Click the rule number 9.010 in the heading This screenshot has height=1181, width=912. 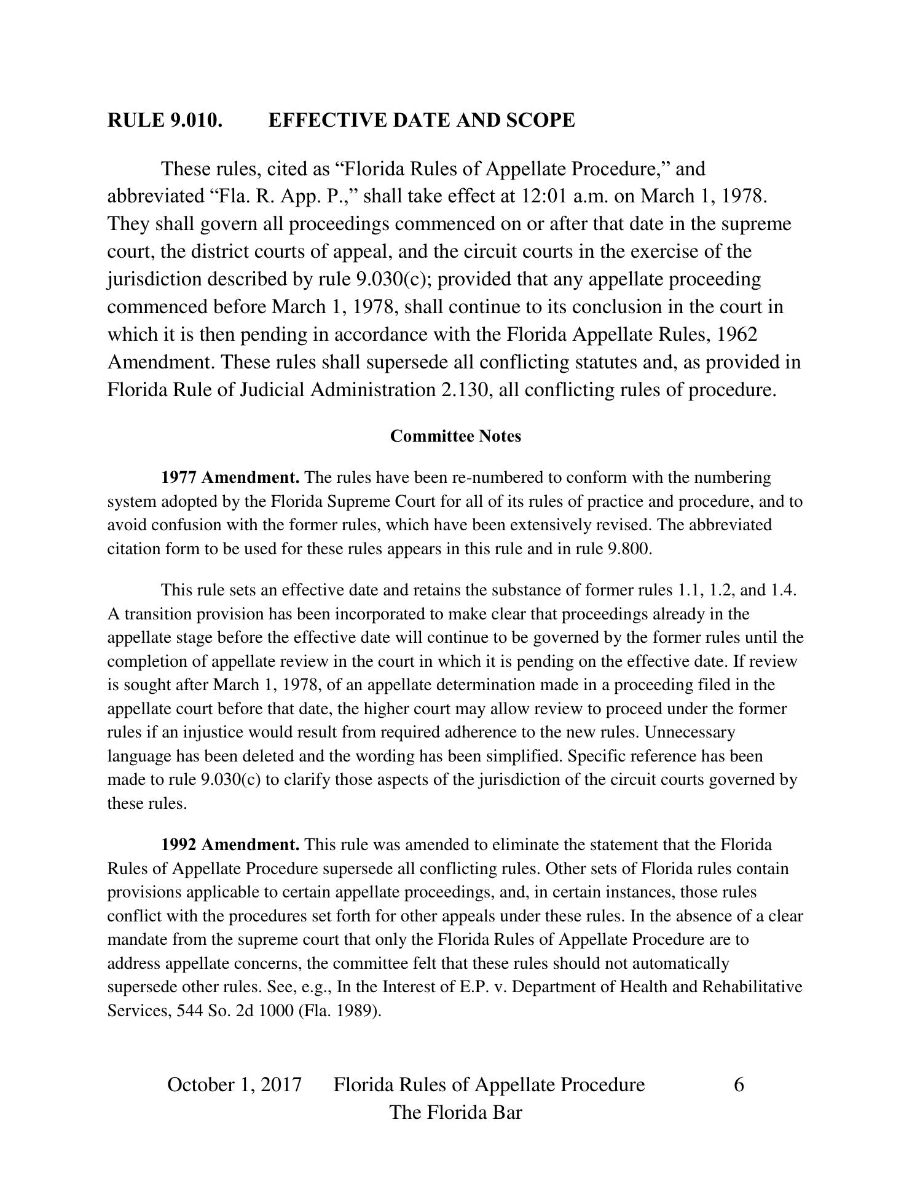[x=195, y=120]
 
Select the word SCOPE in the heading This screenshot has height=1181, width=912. [x=540, y=120]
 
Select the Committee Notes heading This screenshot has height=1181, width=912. [x=455, y=436]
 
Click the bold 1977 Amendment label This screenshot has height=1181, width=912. [x=230, y=477]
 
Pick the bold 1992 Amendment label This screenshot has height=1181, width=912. [x=230, y=845]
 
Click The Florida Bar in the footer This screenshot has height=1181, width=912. [x=455, y=1113]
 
